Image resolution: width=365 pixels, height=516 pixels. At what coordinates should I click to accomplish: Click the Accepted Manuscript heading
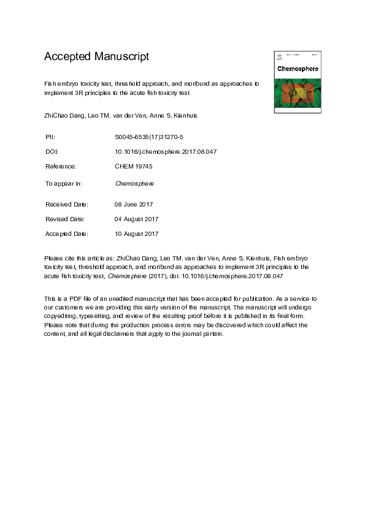(96, 57)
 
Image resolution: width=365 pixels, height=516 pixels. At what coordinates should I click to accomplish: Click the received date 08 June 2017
(134, 204)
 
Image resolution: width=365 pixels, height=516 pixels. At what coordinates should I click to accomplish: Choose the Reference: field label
(61, 166)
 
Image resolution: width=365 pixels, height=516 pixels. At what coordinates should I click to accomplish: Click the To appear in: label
(64, 183)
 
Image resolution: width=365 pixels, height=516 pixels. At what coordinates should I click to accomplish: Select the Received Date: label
(67, 204)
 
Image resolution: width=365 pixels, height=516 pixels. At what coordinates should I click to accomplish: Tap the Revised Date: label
(66, 219)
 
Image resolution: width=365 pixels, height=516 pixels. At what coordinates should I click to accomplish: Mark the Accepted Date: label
(67, 233)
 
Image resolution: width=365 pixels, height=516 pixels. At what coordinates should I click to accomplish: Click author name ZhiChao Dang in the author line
(64, 115)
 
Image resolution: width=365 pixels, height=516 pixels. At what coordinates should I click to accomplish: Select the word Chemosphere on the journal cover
(298, 69)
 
